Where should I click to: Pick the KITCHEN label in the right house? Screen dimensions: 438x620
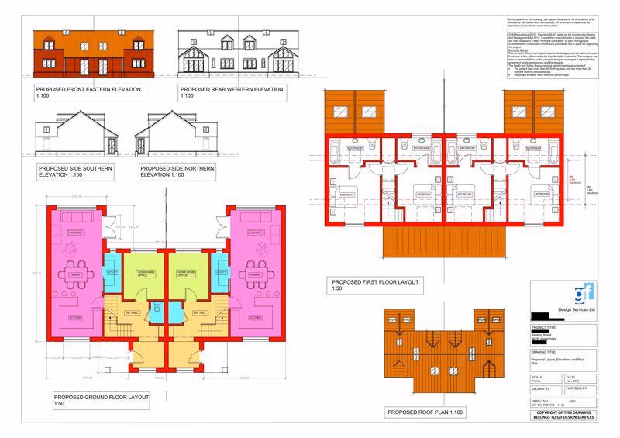pos(254,318)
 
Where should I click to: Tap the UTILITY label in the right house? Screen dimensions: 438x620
pos(221,273)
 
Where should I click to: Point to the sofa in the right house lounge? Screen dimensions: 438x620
pos(254,250)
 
